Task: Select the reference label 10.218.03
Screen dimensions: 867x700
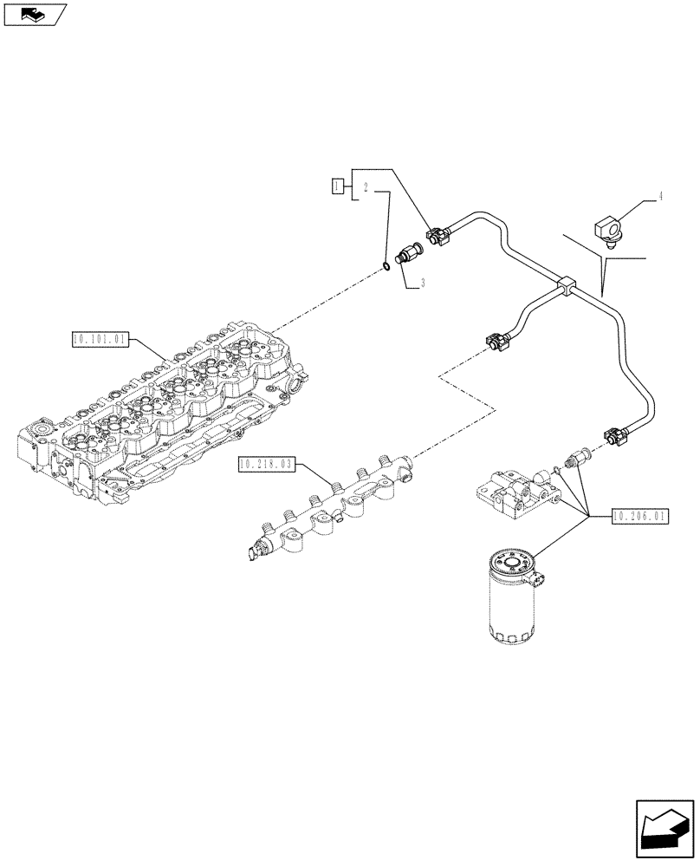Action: pos(266,466)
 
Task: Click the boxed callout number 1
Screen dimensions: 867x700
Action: pos(338,184)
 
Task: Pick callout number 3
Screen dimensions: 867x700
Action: pos(422,282)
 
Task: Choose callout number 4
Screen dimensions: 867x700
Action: pos(660,197)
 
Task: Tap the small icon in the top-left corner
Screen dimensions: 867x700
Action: pos(34,14)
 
